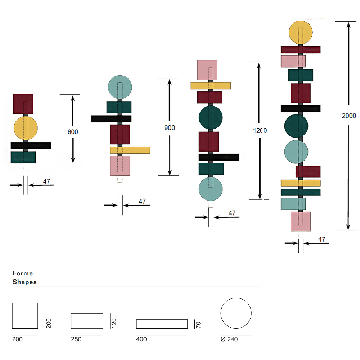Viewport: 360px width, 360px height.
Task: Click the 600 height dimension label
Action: (x=73, y=132)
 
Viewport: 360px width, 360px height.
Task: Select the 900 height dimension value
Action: (x=170, y=128)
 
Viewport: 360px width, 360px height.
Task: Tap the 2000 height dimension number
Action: (x=349, y=116)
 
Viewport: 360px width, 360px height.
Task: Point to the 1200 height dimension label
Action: (x=260, y=131)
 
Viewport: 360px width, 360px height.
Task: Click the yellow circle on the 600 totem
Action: (x=26, y=128)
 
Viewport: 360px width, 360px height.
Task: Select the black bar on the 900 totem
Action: (x=111, y=119)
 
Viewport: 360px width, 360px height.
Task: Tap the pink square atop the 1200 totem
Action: (x=207, y=70)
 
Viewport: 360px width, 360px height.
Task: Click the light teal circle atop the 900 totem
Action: (x=120, y=87)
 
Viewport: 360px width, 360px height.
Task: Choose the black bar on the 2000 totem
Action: (x=301, y=108)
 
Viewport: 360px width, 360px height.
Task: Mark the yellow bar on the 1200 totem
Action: (x=211, y=86)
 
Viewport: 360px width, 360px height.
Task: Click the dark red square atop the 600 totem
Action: (x=23, y=104)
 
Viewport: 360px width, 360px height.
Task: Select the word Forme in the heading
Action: (x=23, y=273)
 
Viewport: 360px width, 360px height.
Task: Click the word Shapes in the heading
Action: (x=24, y=282)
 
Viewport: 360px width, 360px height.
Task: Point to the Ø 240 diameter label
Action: (x=229, y=339)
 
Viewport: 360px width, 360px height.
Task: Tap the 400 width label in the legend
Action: (x=141, y=339)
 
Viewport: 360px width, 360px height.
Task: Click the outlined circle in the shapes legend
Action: (x=236, y=313)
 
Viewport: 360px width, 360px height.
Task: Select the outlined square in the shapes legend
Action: (x=25, y=316)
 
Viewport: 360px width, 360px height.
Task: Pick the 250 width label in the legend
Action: (x=76, y=339)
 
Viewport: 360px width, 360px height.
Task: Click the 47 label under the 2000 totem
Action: (x=322, y=239)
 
